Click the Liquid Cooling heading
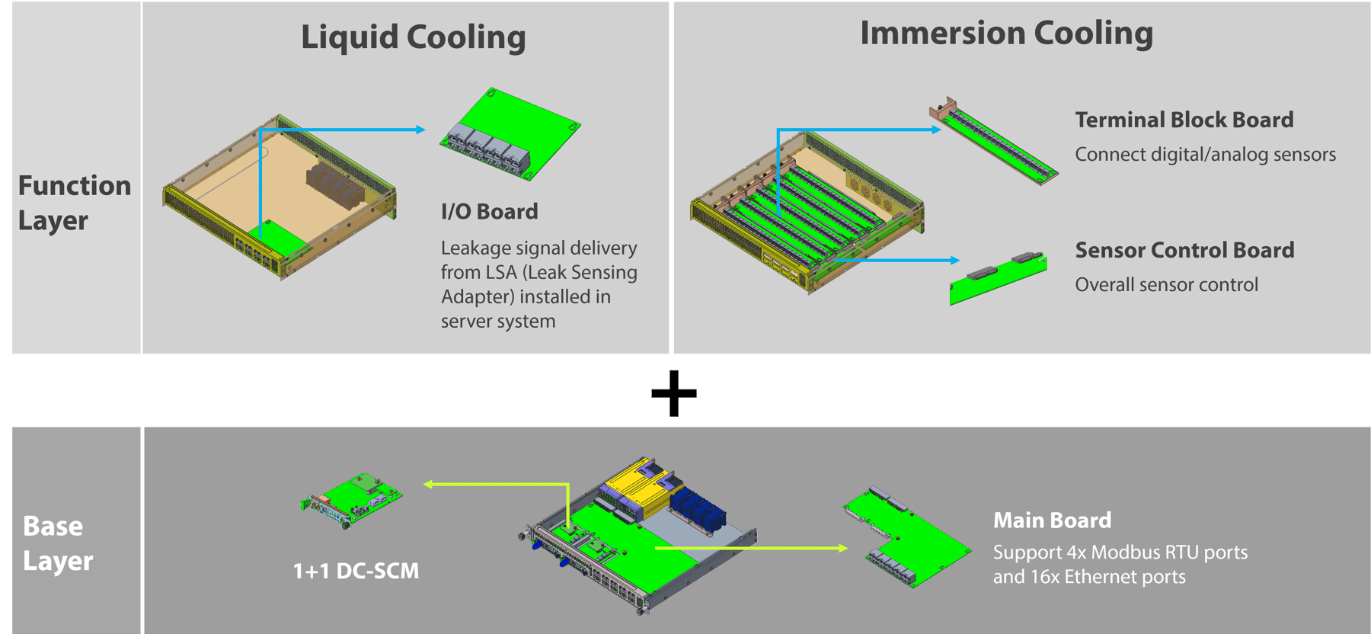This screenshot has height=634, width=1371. click(413, 37)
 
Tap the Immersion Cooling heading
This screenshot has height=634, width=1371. click(1006, 34)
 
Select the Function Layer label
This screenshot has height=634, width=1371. click(74, 203)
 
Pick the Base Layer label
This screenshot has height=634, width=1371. click(58, 543)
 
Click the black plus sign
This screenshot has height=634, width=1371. click(674, 393)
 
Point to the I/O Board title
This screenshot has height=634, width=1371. click(489, 212)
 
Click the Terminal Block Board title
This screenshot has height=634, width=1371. click(1184, 120)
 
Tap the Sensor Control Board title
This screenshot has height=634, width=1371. click(1184, 250)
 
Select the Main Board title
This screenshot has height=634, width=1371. click(1052, 520)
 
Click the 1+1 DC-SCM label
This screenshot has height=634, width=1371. click(356, 571)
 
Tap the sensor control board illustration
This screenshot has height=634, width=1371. click(997, 278)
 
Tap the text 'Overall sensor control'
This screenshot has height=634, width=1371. click(1166, 285)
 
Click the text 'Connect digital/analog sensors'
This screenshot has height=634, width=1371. click(1205, 155)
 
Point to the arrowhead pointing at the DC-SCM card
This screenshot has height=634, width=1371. click(428, 484)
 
